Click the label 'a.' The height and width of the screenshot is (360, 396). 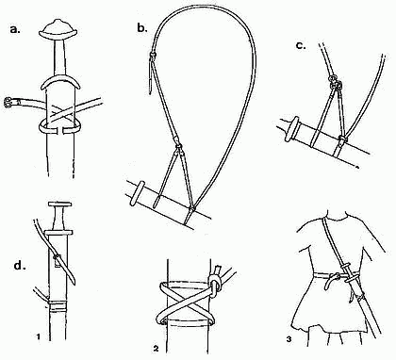tap(15, 30)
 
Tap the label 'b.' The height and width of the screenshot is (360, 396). tap(142, 28)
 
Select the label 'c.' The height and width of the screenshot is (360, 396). tap(301, 45)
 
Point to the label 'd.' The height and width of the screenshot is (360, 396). tap(20, 266)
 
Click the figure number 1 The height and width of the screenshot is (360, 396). tap(38, 337)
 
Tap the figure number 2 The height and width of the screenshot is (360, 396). tap(157, 348)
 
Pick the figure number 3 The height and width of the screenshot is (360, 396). tap(289, 339)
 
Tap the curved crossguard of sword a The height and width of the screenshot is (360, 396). tap(60, 81)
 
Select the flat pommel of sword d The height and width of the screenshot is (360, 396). tap(59, 205)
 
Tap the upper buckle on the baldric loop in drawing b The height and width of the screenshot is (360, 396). tap(152, 56)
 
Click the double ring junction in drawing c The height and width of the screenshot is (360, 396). tap(335, 82)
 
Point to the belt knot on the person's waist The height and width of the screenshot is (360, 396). tap(334, 277)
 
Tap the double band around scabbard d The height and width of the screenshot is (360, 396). tap(58, 306)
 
